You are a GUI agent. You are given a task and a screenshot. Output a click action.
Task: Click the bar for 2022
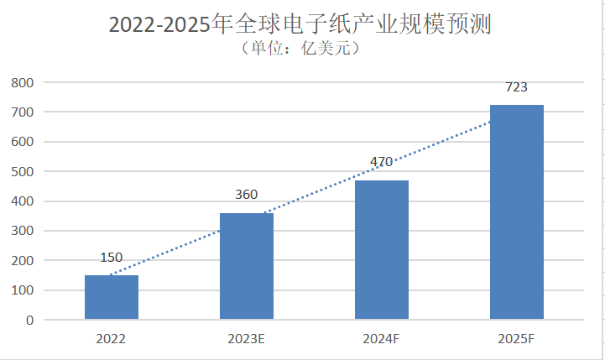[x=112, y=297]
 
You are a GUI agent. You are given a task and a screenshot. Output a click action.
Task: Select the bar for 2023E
[x=247, y=266]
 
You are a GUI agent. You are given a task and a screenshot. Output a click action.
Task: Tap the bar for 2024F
[x=382, y=250]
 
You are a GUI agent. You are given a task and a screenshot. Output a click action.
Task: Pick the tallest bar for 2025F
[x=517, y=212]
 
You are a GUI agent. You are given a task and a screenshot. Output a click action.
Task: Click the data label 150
[x=112, y=258]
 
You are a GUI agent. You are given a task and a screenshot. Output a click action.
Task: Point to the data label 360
[x=246, y=196]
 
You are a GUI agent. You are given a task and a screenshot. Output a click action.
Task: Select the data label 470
[x=382, y=163]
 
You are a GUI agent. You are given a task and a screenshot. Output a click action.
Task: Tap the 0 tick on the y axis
[x=29, y=320]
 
